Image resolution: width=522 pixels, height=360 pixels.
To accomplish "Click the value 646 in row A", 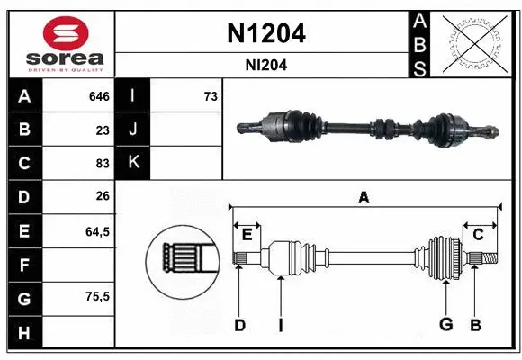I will pos(98,96).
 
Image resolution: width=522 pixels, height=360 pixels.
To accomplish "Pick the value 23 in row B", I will pos(102,130).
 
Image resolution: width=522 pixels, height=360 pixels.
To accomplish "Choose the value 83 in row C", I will pos(102,164).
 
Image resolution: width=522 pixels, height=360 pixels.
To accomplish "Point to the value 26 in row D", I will pos(102,197).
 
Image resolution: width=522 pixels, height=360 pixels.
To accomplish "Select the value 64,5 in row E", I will pos(97,231).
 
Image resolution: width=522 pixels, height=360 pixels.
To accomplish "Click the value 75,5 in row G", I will pos(97,296).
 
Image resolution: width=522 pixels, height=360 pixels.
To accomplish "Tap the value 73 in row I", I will pos(211,96).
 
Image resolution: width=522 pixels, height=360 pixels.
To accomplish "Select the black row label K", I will pos(133,163).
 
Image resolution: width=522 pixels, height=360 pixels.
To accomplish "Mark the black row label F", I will pos(24,265).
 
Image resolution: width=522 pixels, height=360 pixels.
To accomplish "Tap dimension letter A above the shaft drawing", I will pos(364,198).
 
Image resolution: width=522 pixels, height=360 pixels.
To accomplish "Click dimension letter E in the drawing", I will pos(247,234).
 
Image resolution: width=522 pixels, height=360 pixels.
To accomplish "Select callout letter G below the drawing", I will pos(445,325).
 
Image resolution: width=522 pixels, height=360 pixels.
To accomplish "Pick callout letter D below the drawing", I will pos(239,325).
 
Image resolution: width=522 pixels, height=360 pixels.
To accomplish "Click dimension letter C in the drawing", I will pos(479,234).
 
